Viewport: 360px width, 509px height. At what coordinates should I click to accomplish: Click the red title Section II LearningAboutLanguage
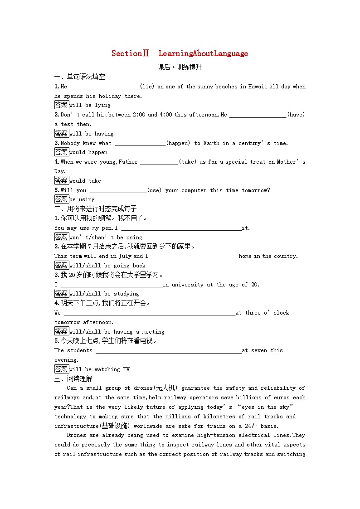point(180,53)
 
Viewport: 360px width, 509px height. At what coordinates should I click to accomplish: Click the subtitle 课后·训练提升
point(180,67)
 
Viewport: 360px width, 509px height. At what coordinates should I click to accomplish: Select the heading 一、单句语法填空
point(79,77)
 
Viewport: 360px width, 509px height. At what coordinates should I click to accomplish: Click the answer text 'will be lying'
point(90,105)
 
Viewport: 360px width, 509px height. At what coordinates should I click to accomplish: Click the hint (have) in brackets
point(296,115)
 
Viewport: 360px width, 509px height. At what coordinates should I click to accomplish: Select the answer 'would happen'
point(88,152)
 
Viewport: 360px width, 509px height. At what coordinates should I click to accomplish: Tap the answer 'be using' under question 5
point(82,199)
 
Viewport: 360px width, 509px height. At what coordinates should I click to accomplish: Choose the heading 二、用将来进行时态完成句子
point(95,209)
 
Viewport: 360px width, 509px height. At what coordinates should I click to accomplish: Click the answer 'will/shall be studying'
point(104,294)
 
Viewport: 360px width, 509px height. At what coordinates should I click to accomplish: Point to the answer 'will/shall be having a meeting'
point(117,332)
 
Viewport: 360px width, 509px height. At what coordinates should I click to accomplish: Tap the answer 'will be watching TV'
point(99,369)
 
